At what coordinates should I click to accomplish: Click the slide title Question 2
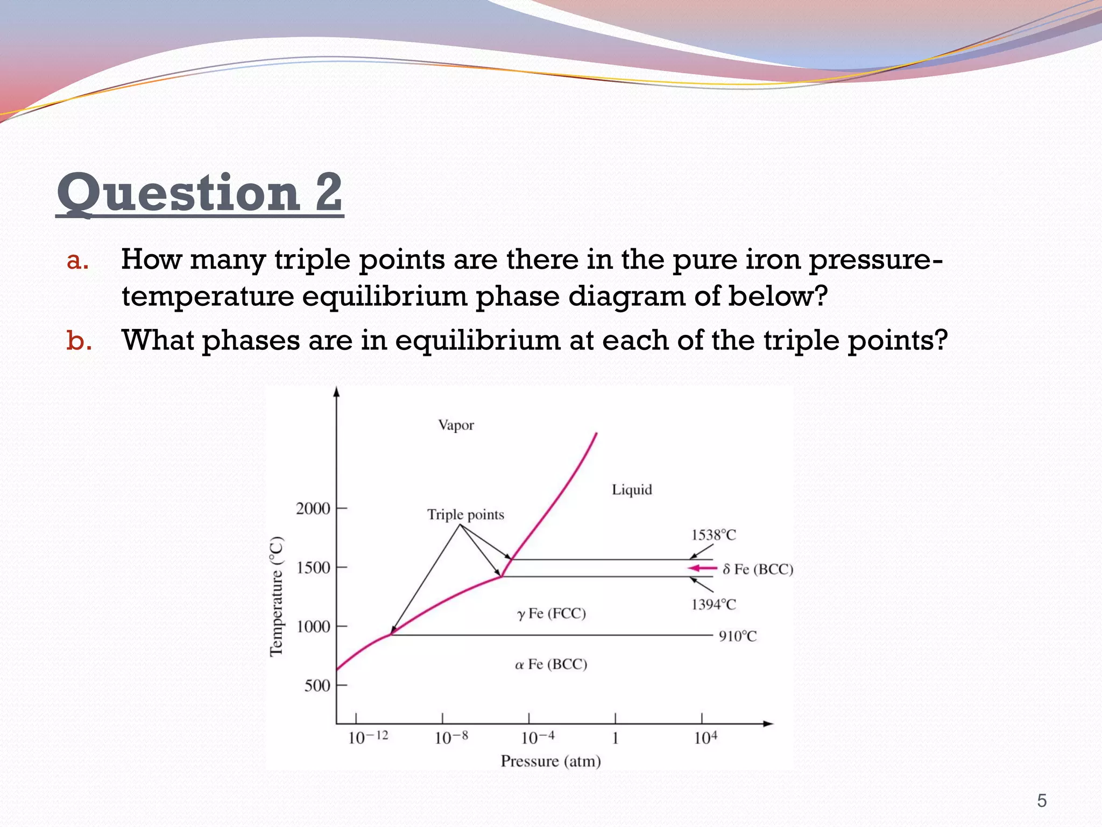click(x=200, y=193)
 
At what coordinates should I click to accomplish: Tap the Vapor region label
click(x=456, y=425)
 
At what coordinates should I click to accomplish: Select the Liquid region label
click(x=632, y=490)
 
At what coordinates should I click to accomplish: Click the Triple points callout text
click(x=465, y=515)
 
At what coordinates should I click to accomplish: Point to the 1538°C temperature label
click(x=714, y=535)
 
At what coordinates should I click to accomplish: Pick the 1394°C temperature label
click(x=714, y=605)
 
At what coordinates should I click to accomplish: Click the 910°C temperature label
click(x=738, y=636)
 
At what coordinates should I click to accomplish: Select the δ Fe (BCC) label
click(x=758, y=570)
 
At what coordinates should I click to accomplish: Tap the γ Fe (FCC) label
click(x=552, y=613)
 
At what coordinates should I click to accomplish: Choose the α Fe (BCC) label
click(x=551, y=664)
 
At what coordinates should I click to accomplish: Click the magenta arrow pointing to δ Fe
click(x=702, y=568)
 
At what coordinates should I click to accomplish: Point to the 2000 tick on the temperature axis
click(x=313, y=508)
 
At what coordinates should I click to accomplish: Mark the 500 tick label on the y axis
click(x=317, y=685)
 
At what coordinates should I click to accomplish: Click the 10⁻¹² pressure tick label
click(x=368, y=737)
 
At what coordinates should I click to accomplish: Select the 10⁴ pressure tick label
click(x=705, y=737)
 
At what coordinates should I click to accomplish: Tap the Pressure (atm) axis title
click(x=550, y=761)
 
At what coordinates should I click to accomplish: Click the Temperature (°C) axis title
click(x=277, y=597)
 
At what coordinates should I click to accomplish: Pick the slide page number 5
click(x=1042, y=801)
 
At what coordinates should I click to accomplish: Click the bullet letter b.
click(x=79, y=341)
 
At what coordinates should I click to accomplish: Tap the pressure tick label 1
click(x=615, y=738)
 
